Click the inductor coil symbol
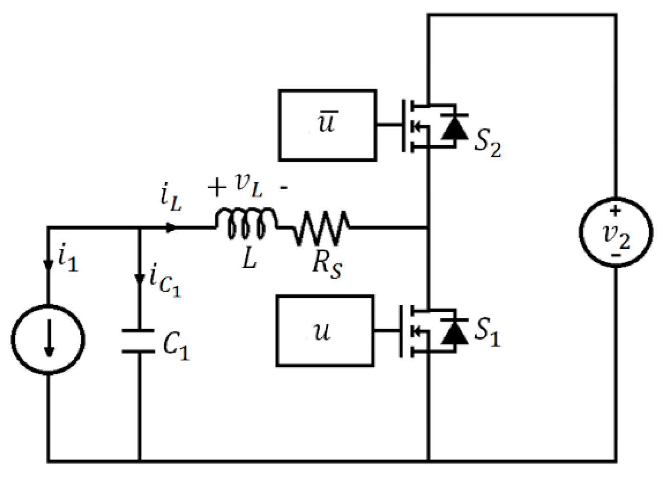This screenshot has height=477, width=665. (246, 224)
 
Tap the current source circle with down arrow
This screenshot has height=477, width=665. (48, 340)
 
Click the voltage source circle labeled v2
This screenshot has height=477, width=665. (616, 232)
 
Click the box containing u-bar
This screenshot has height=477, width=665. (327, 125)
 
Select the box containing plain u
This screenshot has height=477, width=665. (324, 331)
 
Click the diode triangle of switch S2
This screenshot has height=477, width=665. (454, 127)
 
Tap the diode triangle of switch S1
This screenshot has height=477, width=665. (454, 332)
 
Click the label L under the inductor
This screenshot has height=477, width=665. (249, 259)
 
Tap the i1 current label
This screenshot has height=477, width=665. (67, 260)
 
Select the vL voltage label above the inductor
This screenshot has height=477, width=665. (249, 184)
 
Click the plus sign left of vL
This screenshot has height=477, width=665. (217, 187)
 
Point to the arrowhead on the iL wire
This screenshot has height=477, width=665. (171, 228)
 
